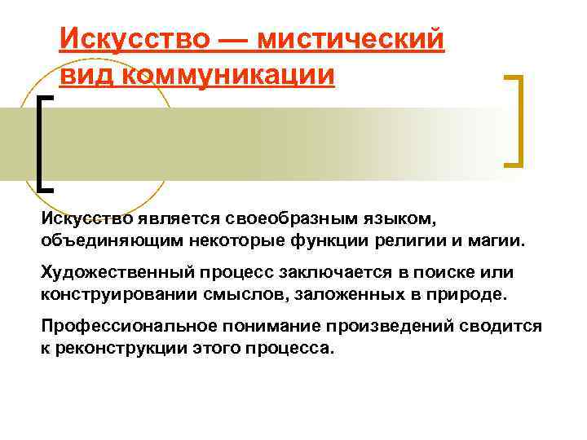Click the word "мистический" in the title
coord(351,38)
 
